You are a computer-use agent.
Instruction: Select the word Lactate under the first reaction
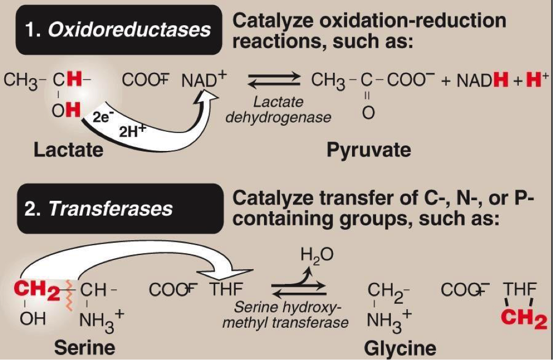point(68,149)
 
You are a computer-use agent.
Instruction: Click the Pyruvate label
point(368,149)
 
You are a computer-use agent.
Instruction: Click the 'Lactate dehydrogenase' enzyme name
point(278,109)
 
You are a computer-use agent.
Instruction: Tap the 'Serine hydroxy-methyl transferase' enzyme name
point(285,315)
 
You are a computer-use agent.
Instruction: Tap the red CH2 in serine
point(36,288)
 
